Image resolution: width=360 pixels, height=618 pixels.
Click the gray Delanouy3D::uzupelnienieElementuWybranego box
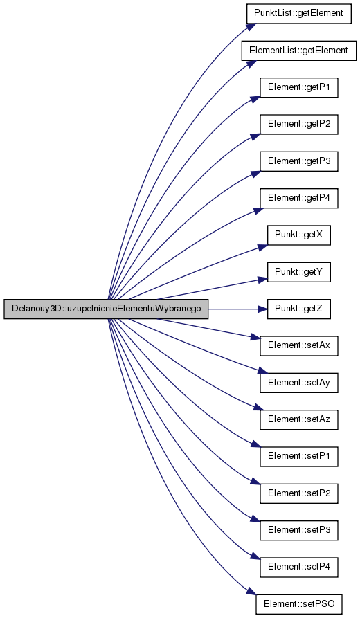(106, 309)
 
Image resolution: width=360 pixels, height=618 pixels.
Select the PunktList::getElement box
(298, 13)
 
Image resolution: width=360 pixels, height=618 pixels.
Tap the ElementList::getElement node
(298, 51)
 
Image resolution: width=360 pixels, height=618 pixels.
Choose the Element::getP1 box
(298, 87)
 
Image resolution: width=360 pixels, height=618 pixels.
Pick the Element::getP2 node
(298, 124)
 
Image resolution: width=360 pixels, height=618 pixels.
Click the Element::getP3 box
(298, 161)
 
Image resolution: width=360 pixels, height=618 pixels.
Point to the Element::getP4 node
(298, 198)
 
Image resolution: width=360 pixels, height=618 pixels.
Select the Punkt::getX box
(298, 235)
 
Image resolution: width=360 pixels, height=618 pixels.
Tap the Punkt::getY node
(298, 272)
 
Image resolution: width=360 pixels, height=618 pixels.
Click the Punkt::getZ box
(298, 309)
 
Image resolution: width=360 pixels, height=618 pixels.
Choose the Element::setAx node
(298, 345)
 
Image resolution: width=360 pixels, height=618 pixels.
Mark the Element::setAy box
(298, 383)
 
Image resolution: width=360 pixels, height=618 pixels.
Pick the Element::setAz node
(298, 419)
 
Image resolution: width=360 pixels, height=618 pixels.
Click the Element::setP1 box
(298, 456)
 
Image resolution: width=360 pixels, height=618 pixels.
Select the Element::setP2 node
(298, 493)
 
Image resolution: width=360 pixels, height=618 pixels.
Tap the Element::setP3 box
(298, 530)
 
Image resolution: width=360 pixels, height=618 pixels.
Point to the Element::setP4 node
(298, 567)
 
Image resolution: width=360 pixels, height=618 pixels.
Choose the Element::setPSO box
(298, 604)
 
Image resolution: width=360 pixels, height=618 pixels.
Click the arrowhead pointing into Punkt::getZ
(262, 309)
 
